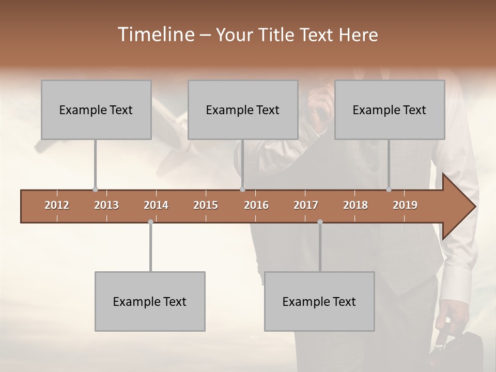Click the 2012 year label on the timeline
(x=57, y=205)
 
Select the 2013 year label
(x=106, y=205)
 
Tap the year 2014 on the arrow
(x=156, y=205)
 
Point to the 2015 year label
(x=206, y=205)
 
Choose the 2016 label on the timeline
(x=256, y=205)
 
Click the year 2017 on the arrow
(x=306, y=205)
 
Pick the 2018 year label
(x=355, y=205)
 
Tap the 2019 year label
(x=405, y=205)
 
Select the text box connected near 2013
(x=96, y=110)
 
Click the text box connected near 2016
(x=243, y=110)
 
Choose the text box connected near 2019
(x=390, y=110)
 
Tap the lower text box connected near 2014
(x=150, y=301)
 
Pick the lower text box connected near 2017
(x=319, y=301)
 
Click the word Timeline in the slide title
(x=155, y=35)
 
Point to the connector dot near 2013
(x=95, y=190)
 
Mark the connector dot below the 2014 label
(x=150, y=222)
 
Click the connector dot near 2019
(x=389, y=190)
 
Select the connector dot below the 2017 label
(x=320, y=222)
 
